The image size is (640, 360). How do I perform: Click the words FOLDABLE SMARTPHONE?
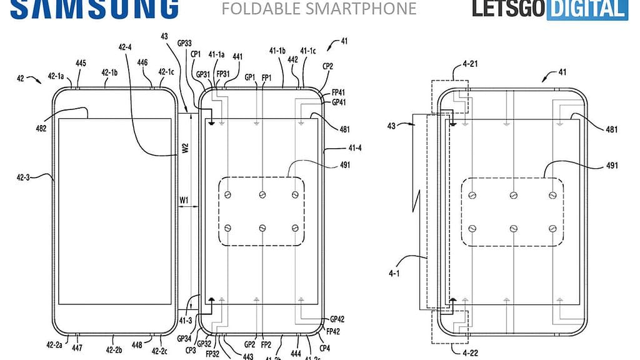coord(319,8)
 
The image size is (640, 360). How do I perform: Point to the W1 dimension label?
coord(185,200)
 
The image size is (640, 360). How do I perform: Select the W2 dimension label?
coord(185,149)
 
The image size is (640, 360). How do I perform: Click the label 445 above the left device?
coord(81,63)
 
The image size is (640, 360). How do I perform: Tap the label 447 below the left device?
coord(77,347)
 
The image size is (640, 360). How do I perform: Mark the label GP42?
coord(337,318)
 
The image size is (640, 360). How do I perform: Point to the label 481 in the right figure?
coord(612,129)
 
